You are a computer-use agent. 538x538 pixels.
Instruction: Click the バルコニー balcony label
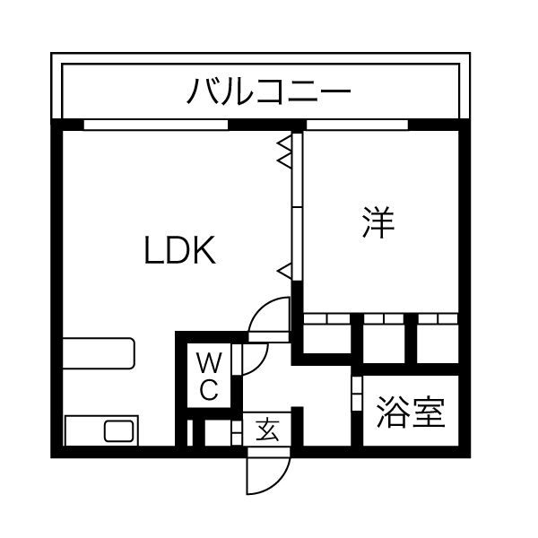point(268,92)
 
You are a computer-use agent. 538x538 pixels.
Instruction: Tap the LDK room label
point(180,251)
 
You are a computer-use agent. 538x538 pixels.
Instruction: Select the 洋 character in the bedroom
point(378,223)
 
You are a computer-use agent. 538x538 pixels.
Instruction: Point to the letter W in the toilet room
point(208,363)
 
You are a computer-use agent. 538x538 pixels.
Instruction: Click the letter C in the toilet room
point(208,390)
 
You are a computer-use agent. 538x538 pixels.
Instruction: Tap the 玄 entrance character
point(266,430)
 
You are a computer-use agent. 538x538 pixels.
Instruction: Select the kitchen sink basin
point(118,431)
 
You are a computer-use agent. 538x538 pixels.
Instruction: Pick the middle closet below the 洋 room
point(384,339)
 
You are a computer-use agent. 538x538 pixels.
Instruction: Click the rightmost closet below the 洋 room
point(438,339)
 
